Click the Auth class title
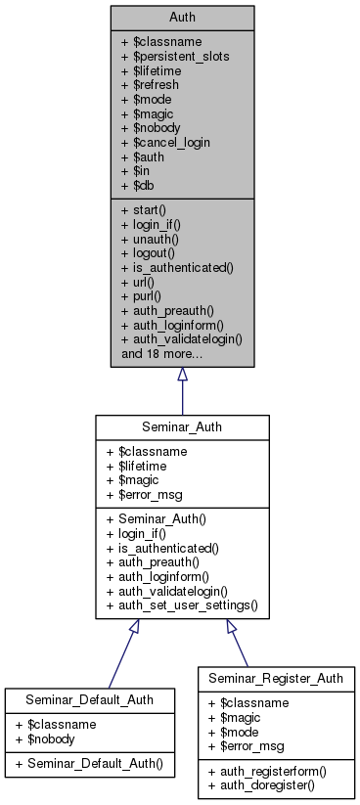click(x=182, y=17)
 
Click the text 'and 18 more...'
click(x=162, y=353)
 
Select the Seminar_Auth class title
click(x=182, y=427)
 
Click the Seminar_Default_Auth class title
click(x=90, y=702)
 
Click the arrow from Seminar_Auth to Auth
click(x=182, y=390)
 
